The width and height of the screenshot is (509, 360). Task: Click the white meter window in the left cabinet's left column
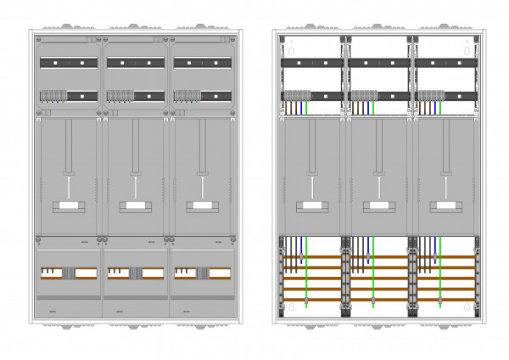67,205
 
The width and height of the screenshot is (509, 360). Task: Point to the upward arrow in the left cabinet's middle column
135,185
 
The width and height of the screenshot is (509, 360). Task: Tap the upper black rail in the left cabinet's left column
68,63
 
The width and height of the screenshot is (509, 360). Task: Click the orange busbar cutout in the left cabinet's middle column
135,273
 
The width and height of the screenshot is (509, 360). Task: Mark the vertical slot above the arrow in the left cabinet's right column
203,144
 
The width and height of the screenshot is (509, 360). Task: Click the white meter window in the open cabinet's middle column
375,205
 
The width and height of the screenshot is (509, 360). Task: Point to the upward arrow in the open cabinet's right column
443,185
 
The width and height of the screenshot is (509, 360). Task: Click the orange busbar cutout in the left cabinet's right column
202,273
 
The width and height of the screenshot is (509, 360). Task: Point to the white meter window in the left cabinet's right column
203,205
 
